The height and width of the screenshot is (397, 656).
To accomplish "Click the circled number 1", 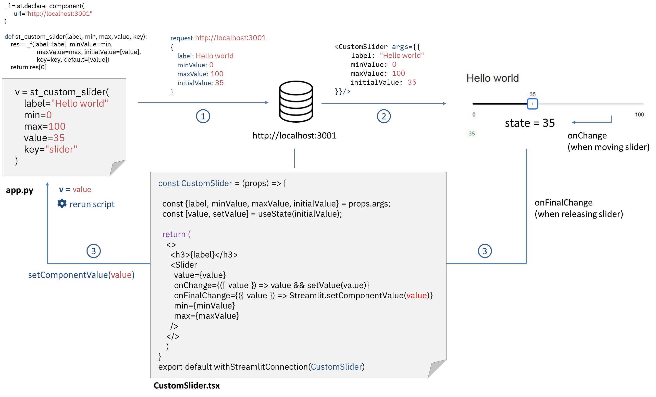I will pyautogui.click(x=203, y=116).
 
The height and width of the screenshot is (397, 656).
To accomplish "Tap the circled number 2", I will pyautogui.click(x=384, y=116).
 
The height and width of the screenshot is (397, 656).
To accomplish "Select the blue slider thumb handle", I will pyautogui.click(x=532, y=104).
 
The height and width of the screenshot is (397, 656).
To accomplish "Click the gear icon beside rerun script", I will pyautogui.click(x=62, y=203).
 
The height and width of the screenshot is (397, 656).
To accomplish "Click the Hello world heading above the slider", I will pyautogui.click(x=492, y=78).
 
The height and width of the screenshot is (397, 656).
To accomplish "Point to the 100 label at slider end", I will pyautogui.click(x=639, y=115).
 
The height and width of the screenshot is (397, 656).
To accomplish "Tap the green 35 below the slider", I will pyautogui.click(x=472, y=134).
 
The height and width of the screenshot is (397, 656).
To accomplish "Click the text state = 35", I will pyautogui.click(x=529, y=123).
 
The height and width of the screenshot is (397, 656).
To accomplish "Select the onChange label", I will pyautogui.click(x=587, y=135).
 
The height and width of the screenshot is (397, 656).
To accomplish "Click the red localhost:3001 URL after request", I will pyautogui.click(x=230, y=38).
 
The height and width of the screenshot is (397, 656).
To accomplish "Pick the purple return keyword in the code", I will pyautogui.click(x=174, y=234).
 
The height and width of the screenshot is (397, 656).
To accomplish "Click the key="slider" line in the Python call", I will pyautogui.click(x=51, y=149).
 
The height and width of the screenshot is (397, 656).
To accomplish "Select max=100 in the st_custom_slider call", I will pyautogui.click(x=45, y=126).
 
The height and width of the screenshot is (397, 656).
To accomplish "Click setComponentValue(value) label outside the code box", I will pyautogui.click(x=81, y=275).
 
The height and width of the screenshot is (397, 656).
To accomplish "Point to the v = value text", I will pyautogui.click(x=75, y=189).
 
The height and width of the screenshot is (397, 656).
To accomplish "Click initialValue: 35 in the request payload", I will pyautogui.click(x=200, y=83).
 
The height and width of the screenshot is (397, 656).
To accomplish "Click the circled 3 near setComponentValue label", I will pyautogui.click(x=93, y=251).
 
